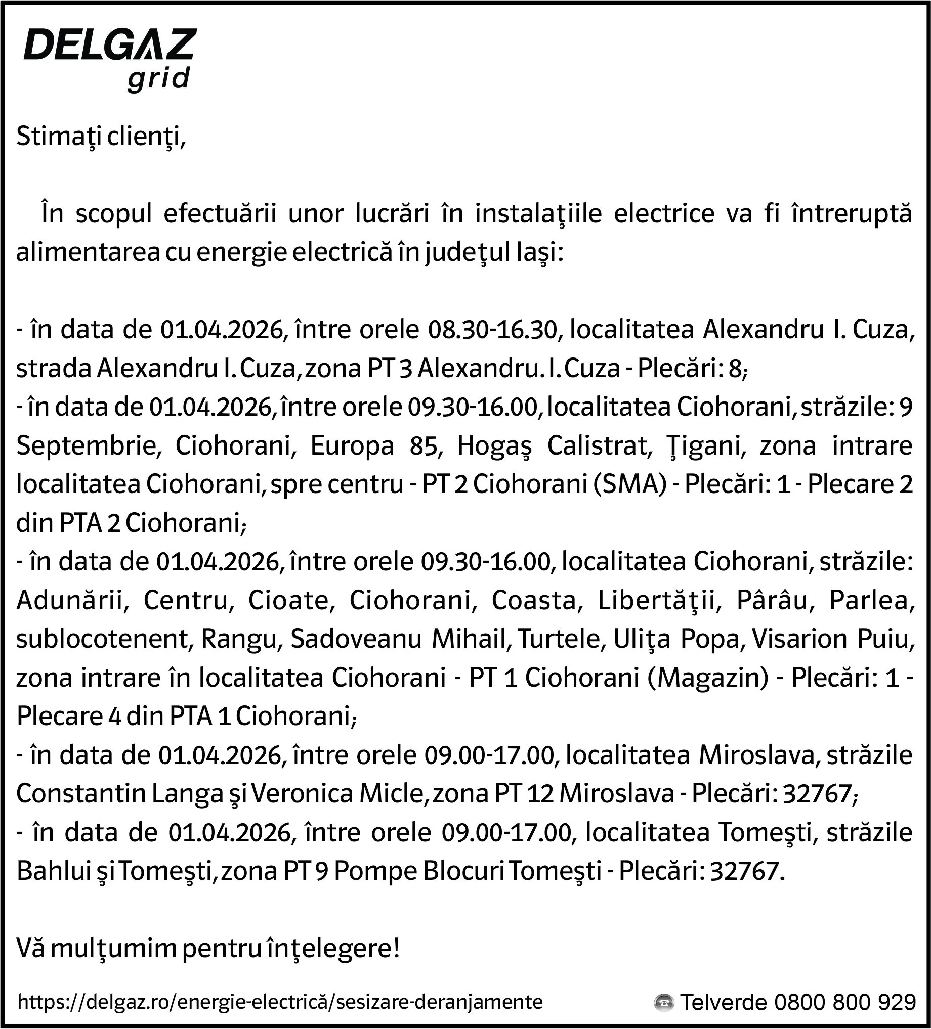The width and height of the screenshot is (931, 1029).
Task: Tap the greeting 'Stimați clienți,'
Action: [101, 137]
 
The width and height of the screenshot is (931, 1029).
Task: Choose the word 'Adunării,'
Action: [72, 601]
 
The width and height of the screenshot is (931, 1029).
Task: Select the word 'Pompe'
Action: [375, 872]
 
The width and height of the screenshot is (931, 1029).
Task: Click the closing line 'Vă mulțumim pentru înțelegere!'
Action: [208, 949]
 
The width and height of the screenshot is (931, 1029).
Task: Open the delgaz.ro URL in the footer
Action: [280, 1002]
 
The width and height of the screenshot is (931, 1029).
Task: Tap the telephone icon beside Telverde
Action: [663, 1003]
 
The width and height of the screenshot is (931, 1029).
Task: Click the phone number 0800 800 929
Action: [844, 1003]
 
